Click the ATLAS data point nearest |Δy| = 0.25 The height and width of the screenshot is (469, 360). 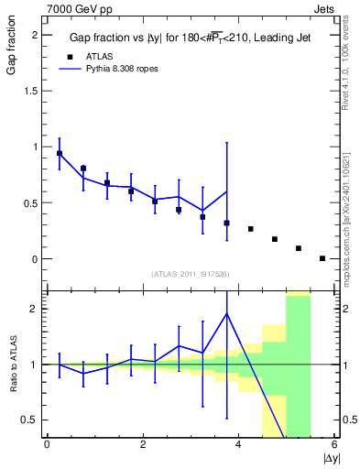(60, 153)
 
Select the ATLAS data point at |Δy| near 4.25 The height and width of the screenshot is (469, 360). (251, 229)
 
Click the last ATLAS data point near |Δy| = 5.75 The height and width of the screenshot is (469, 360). (322, 258)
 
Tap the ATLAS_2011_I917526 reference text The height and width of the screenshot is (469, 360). (190, 274)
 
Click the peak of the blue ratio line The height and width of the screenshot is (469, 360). (227, 313)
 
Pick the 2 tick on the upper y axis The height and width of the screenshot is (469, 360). (34, 35)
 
